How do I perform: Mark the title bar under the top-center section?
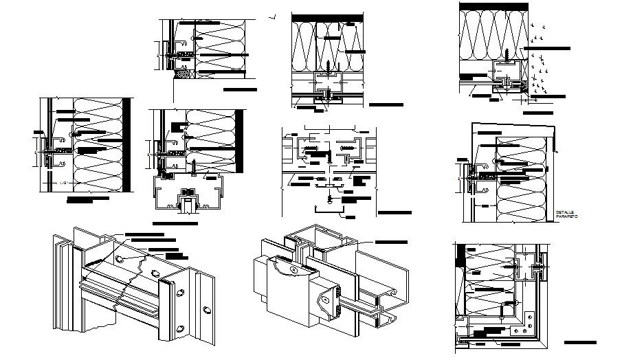[386, 105]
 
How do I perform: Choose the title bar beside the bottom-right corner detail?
[579, 341]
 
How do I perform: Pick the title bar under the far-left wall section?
[87, 199]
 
